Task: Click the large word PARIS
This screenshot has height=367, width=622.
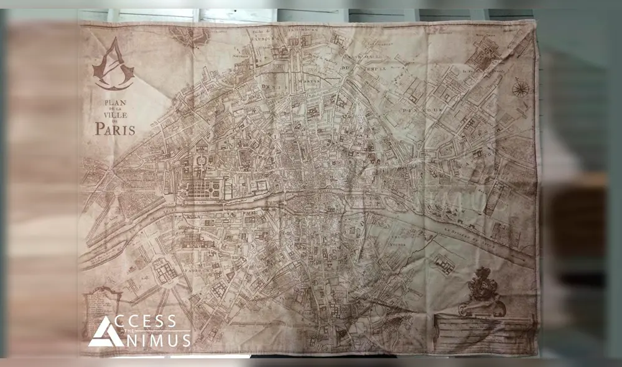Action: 114,129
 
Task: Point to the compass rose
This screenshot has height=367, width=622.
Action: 520,88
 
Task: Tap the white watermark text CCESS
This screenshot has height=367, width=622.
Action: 152,322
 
